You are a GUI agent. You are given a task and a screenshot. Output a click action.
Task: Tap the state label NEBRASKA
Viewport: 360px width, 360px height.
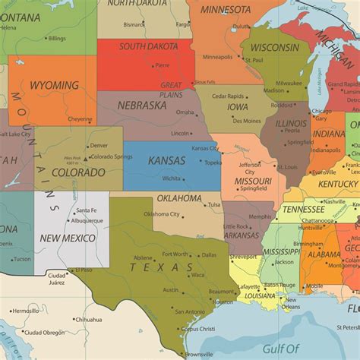pos(142,106)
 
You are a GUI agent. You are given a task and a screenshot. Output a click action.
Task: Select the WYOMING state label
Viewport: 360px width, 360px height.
pos(54,85)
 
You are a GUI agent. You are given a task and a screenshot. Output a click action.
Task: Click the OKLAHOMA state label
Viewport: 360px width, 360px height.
pos(179,198)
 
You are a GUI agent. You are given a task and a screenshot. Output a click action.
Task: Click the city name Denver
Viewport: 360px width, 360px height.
pos(99,146)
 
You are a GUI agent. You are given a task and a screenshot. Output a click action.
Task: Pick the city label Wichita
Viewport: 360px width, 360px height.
pos(171,178)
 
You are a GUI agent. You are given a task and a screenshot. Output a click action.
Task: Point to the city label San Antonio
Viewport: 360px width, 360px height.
pos(189,311)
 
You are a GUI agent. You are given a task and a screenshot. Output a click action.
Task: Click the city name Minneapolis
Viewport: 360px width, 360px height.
pos(217,56)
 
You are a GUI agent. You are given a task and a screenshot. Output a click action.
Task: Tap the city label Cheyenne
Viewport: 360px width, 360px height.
pos(81,118)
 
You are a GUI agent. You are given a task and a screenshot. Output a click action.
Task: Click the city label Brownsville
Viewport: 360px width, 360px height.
pos(199,354)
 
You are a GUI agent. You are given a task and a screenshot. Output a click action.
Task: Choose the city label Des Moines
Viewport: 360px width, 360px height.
pos(247,121)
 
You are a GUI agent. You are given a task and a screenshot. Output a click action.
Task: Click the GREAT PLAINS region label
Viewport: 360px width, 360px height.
pos(171,90)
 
